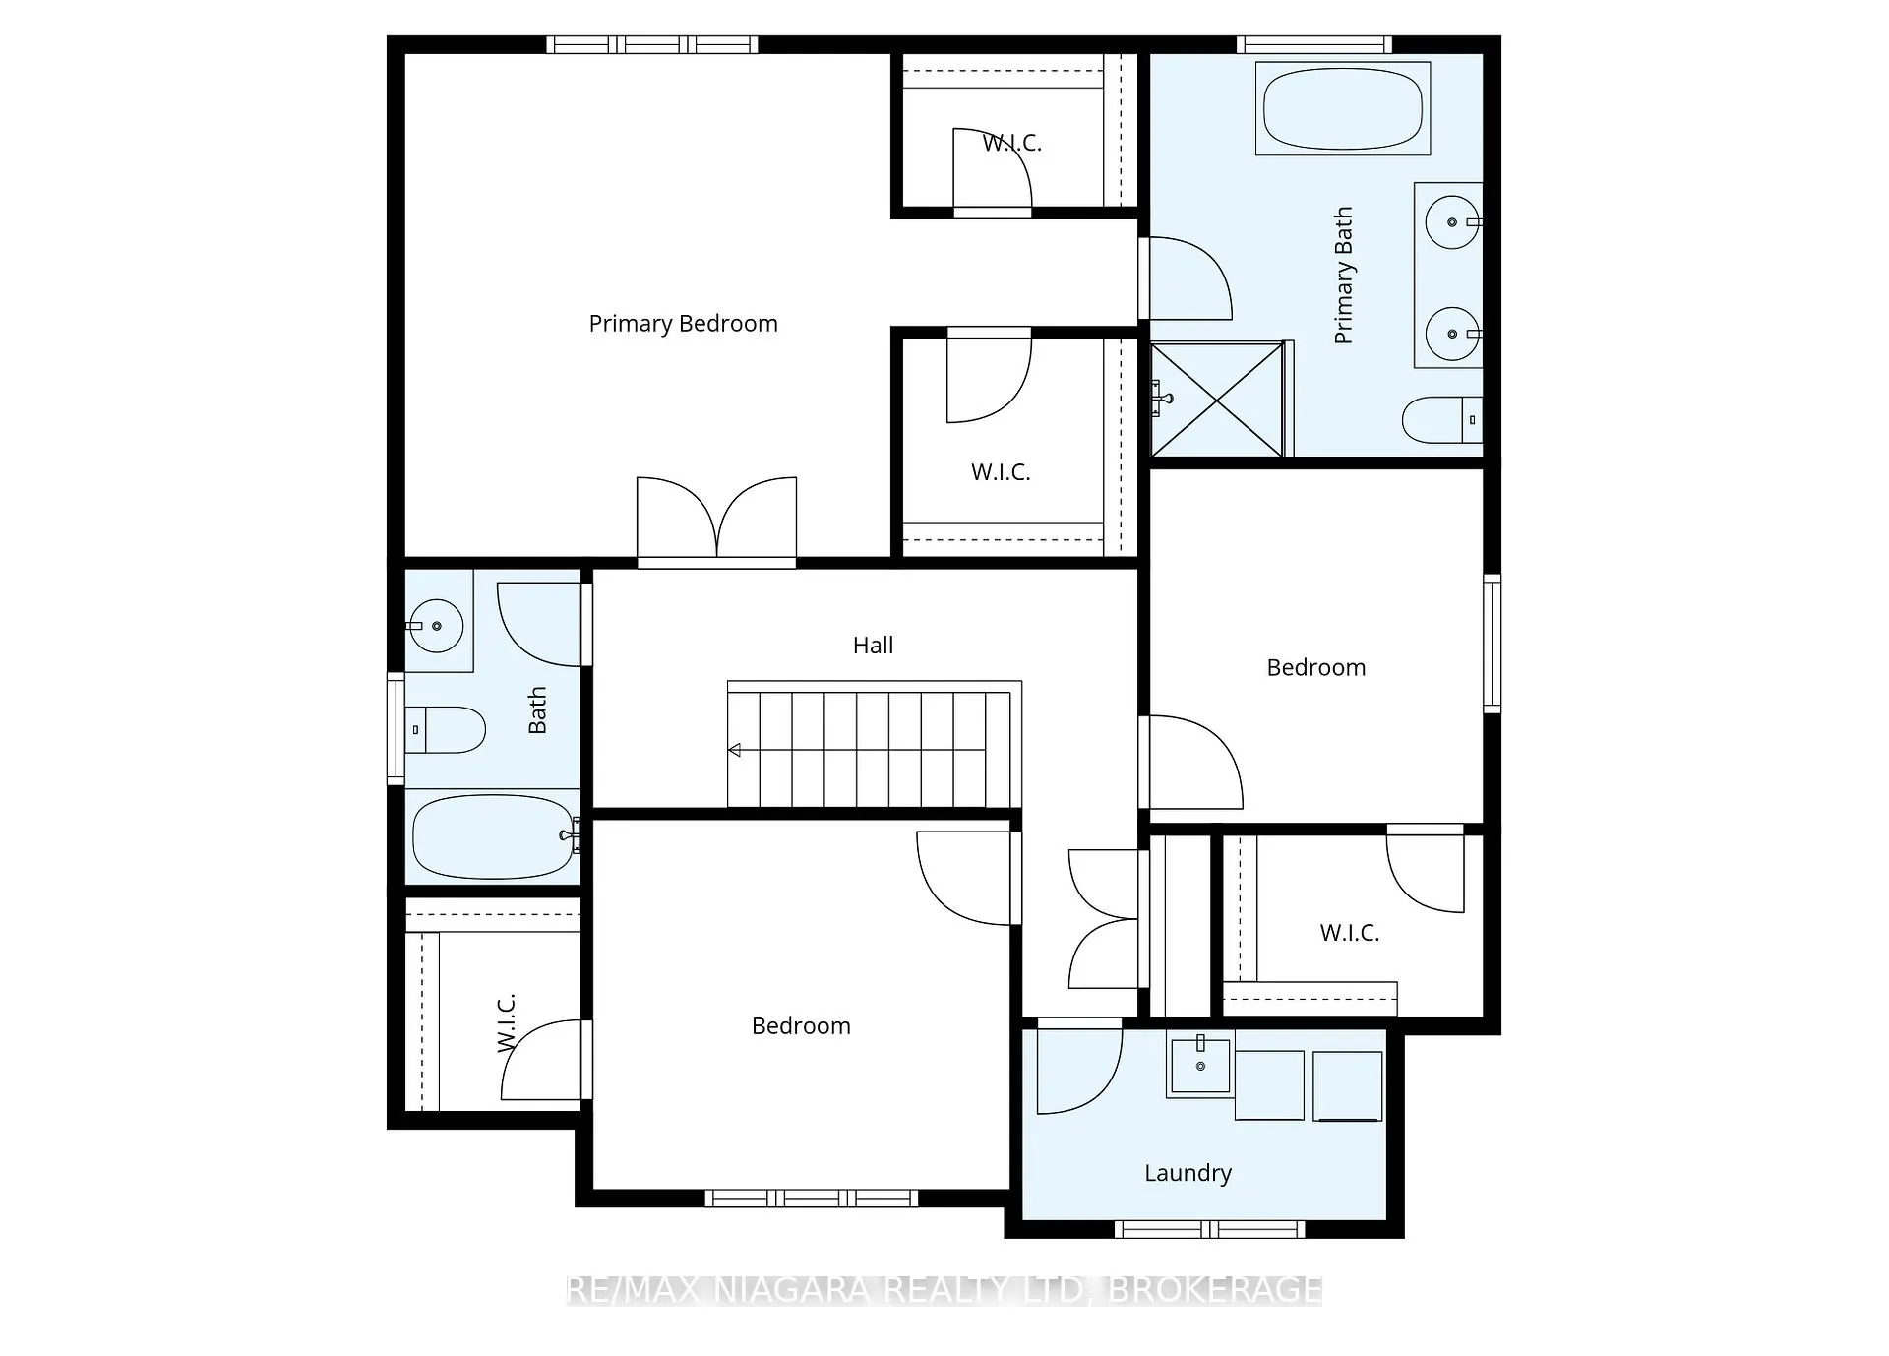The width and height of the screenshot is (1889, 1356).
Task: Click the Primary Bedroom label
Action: point(683,324)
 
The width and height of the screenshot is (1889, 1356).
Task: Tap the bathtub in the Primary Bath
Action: point(1343,108)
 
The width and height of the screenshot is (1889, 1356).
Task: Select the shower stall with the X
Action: point(1218,399)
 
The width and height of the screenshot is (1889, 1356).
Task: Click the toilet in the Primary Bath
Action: point(1442,420)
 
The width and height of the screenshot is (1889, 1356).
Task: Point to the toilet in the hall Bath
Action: point(446,729)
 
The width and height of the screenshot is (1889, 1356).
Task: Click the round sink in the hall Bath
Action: point(436,626)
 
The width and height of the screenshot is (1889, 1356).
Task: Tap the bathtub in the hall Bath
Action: point(493,836)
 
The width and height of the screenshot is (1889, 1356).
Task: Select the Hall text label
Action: point(873,646)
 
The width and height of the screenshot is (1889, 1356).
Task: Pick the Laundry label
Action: point(1188,1173)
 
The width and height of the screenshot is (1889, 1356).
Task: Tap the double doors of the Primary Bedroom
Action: point(716,521)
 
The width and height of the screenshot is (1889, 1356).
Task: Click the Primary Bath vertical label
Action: point(1343,276)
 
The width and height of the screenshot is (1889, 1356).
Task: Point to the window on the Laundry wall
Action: point(1209,1229)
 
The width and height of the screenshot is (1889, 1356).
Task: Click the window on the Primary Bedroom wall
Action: point(652,44)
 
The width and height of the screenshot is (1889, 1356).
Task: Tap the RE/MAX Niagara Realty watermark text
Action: point(944,1289)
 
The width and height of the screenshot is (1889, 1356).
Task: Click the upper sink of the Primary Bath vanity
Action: point(1452,222)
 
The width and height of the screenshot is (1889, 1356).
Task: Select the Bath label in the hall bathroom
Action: point(537,710)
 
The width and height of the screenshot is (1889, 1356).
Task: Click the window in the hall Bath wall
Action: point(396,728)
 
